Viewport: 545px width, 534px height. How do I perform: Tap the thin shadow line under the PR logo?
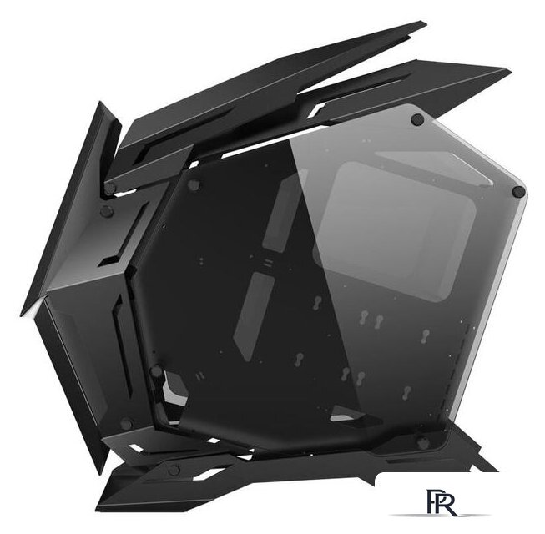tap(440, 516)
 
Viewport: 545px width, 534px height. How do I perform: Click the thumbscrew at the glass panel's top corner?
tap(417, 119)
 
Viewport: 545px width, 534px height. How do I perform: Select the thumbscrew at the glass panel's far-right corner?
tap(518, 191)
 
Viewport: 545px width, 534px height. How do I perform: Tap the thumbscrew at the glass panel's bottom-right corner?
tap(423, 444)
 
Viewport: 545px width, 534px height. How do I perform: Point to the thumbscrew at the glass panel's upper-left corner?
tap(194, 184)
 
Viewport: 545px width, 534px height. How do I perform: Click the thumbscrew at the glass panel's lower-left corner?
tap(156, 371)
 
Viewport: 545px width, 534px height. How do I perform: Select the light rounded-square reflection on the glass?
tap(394, 230)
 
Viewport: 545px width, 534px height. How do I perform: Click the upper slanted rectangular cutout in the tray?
tap(281, 211)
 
